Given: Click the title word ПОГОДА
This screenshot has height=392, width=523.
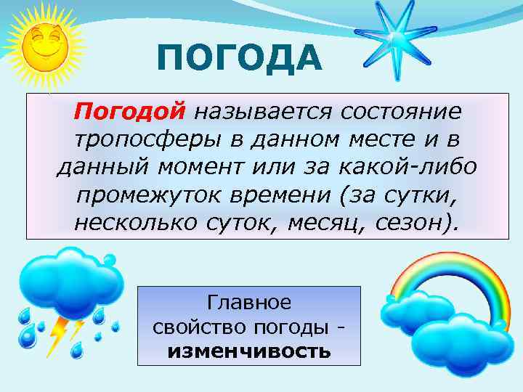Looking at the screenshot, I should [x=239, y=58].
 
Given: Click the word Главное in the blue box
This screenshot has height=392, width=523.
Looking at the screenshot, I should [x=248, y=301].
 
